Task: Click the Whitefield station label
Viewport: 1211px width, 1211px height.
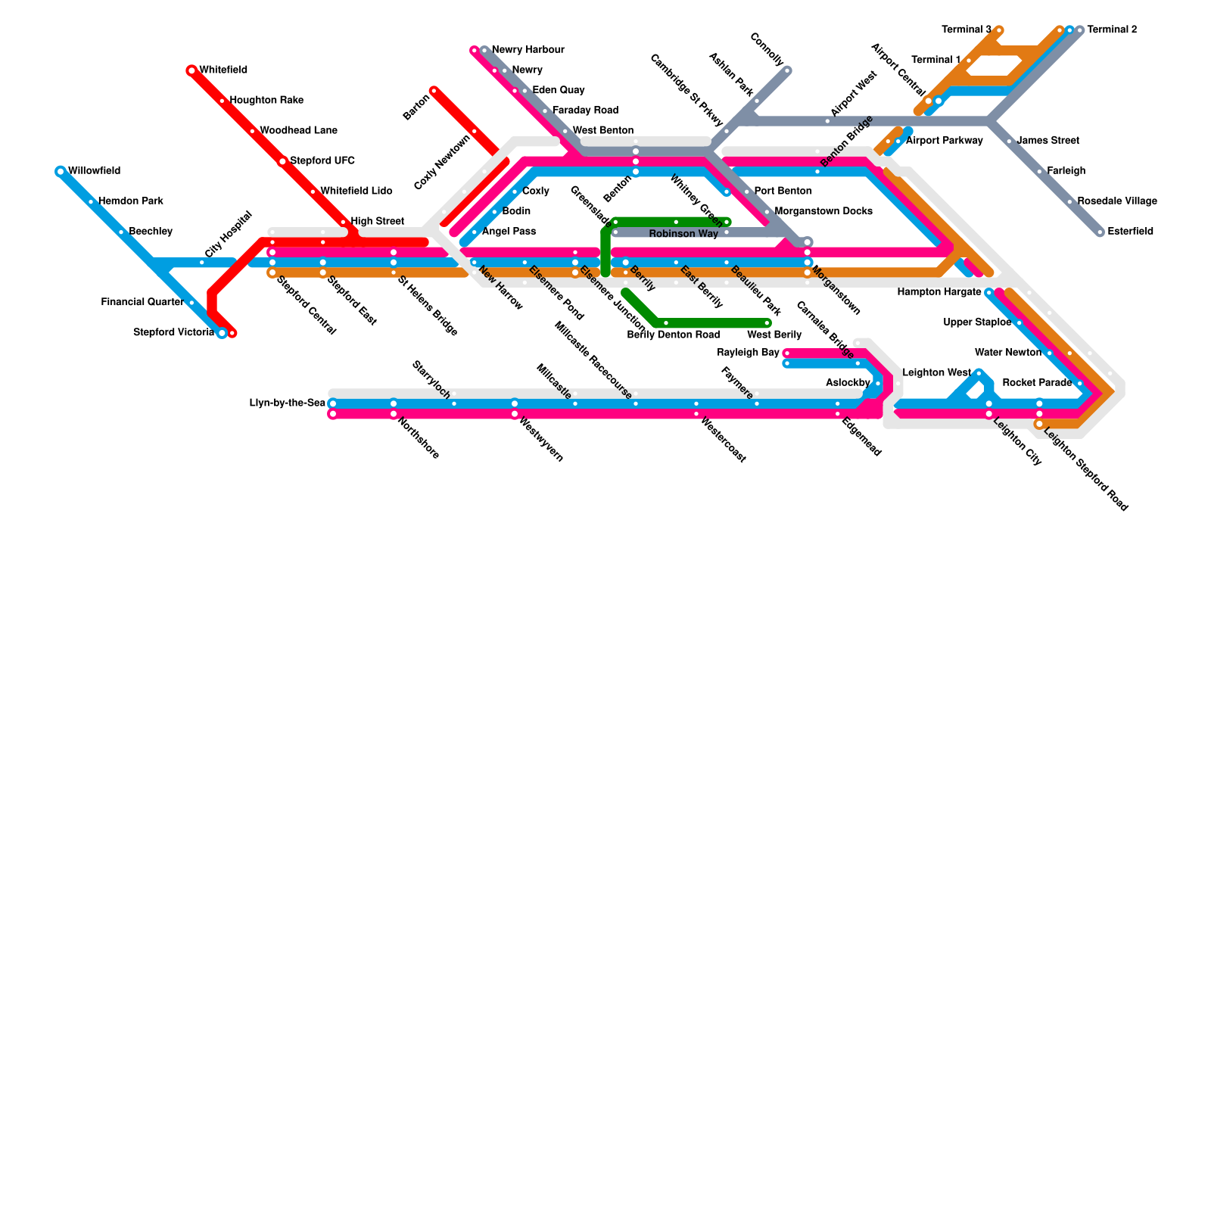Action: point(223,70)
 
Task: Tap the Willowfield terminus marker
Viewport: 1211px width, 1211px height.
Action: point(61,172)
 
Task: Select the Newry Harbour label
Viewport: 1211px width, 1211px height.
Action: point(528,50)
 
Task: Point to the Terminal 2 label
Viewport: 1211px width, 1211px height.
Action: point(1112,30)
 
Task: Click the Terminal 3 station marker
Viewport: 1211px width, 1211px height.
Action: point(999,30)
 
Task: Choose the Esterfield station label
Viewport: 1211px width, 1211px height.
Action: point(1130,232)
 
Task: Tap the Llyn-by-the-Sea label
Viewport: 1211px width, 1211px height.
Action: point(288,403)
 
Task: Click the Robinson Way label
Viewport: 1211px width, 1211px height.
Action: point(683,235)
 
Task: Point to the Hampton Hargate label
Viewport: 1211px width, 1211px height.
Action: point(939,292)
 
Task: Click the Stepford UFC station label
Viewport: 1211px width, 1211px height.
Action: point(322,161)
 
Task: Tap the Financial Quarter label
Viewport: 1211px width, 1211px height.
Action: point(142,303)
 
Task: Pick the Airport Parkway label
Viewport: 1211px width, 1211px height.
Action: point(944,141)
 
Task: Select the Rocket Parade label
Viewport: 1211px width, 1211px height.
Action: point(1037,383)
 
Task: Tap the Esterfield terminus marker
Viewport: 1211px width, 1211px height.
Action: point(1100,232)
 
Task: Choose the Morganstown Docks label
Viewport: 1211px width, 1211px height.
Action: point(823,211)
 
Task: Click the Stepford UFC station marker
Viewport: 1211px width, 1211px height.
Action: point(282,161)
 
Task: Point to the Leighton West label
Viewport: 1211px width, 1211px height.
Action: point(936,373)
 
